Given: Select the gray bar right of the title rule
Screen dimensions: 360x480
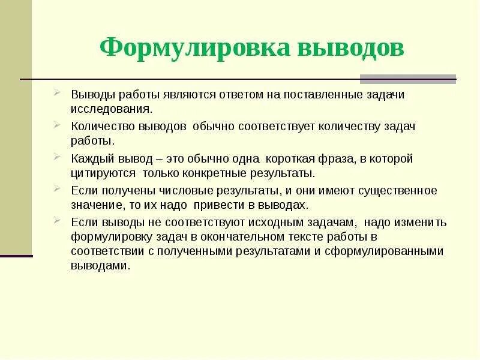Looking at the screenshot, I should click(408, 79).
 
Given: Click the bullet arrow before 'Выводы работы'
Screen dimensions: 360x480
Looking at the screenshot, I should click(56, 93).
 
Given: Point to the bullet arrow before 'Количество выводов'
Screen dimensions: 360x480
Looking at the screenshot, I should click(56, 125).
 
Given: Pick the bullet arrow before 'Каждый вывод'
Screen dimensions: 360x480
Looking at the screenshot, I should click(56, 157).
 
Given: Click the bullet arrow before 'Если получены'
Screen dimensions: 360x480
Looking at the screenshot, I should click(56, 188).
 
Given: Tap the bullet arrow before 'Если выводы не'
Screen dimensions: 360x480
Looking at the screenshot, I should click(56, 220).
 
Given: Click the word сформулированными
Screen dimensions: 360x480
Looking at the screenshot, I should click(391, 251).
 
